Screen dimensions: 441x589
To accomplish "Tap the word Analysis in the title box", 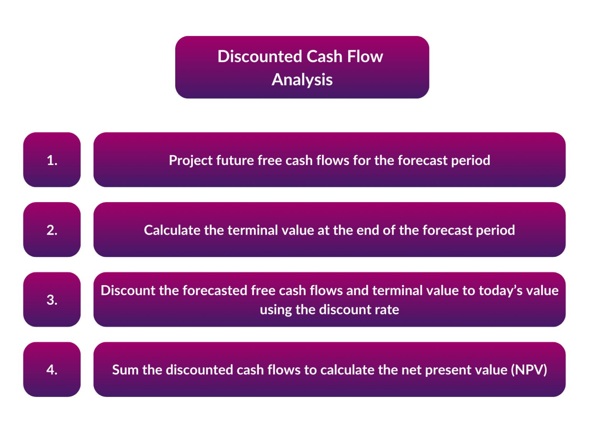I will [x=302, y=80].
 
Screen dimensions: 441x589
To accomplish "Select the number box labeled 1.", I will [x=52, y=160].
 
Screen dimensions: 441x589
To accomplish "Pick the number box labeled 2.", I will [x=52, y=230].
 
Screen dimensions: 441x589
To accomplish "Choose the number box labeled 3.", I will [x=52, y=300].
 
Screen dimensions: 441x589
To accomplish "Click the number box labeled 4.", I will [x=52, y=369].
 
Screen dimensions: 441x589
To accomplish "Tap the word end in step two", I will [x=367, y=230].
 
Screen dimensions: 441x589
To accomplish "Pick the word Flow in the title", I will [x=365, y=57].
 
